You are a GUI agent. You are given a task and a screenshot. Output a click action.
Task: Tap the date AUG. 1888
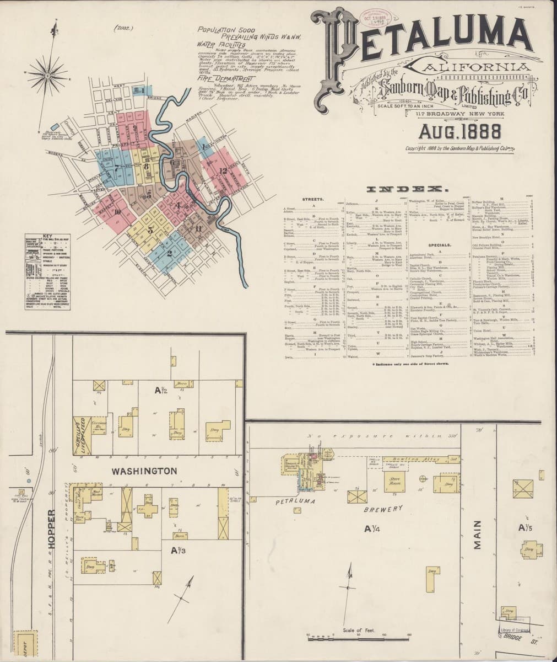(459, 131)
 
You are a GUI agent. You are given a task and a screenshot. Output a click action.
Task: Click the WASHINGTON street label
(144, 471)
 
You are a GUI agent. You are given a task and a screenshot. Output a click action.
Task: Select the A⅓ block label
(177, 550)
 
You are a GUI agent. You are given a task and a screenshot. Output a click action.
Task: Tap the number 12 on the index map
(223, 170)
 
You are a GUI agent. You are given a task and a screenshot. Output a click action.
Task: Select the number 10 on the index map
(117, 211)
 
